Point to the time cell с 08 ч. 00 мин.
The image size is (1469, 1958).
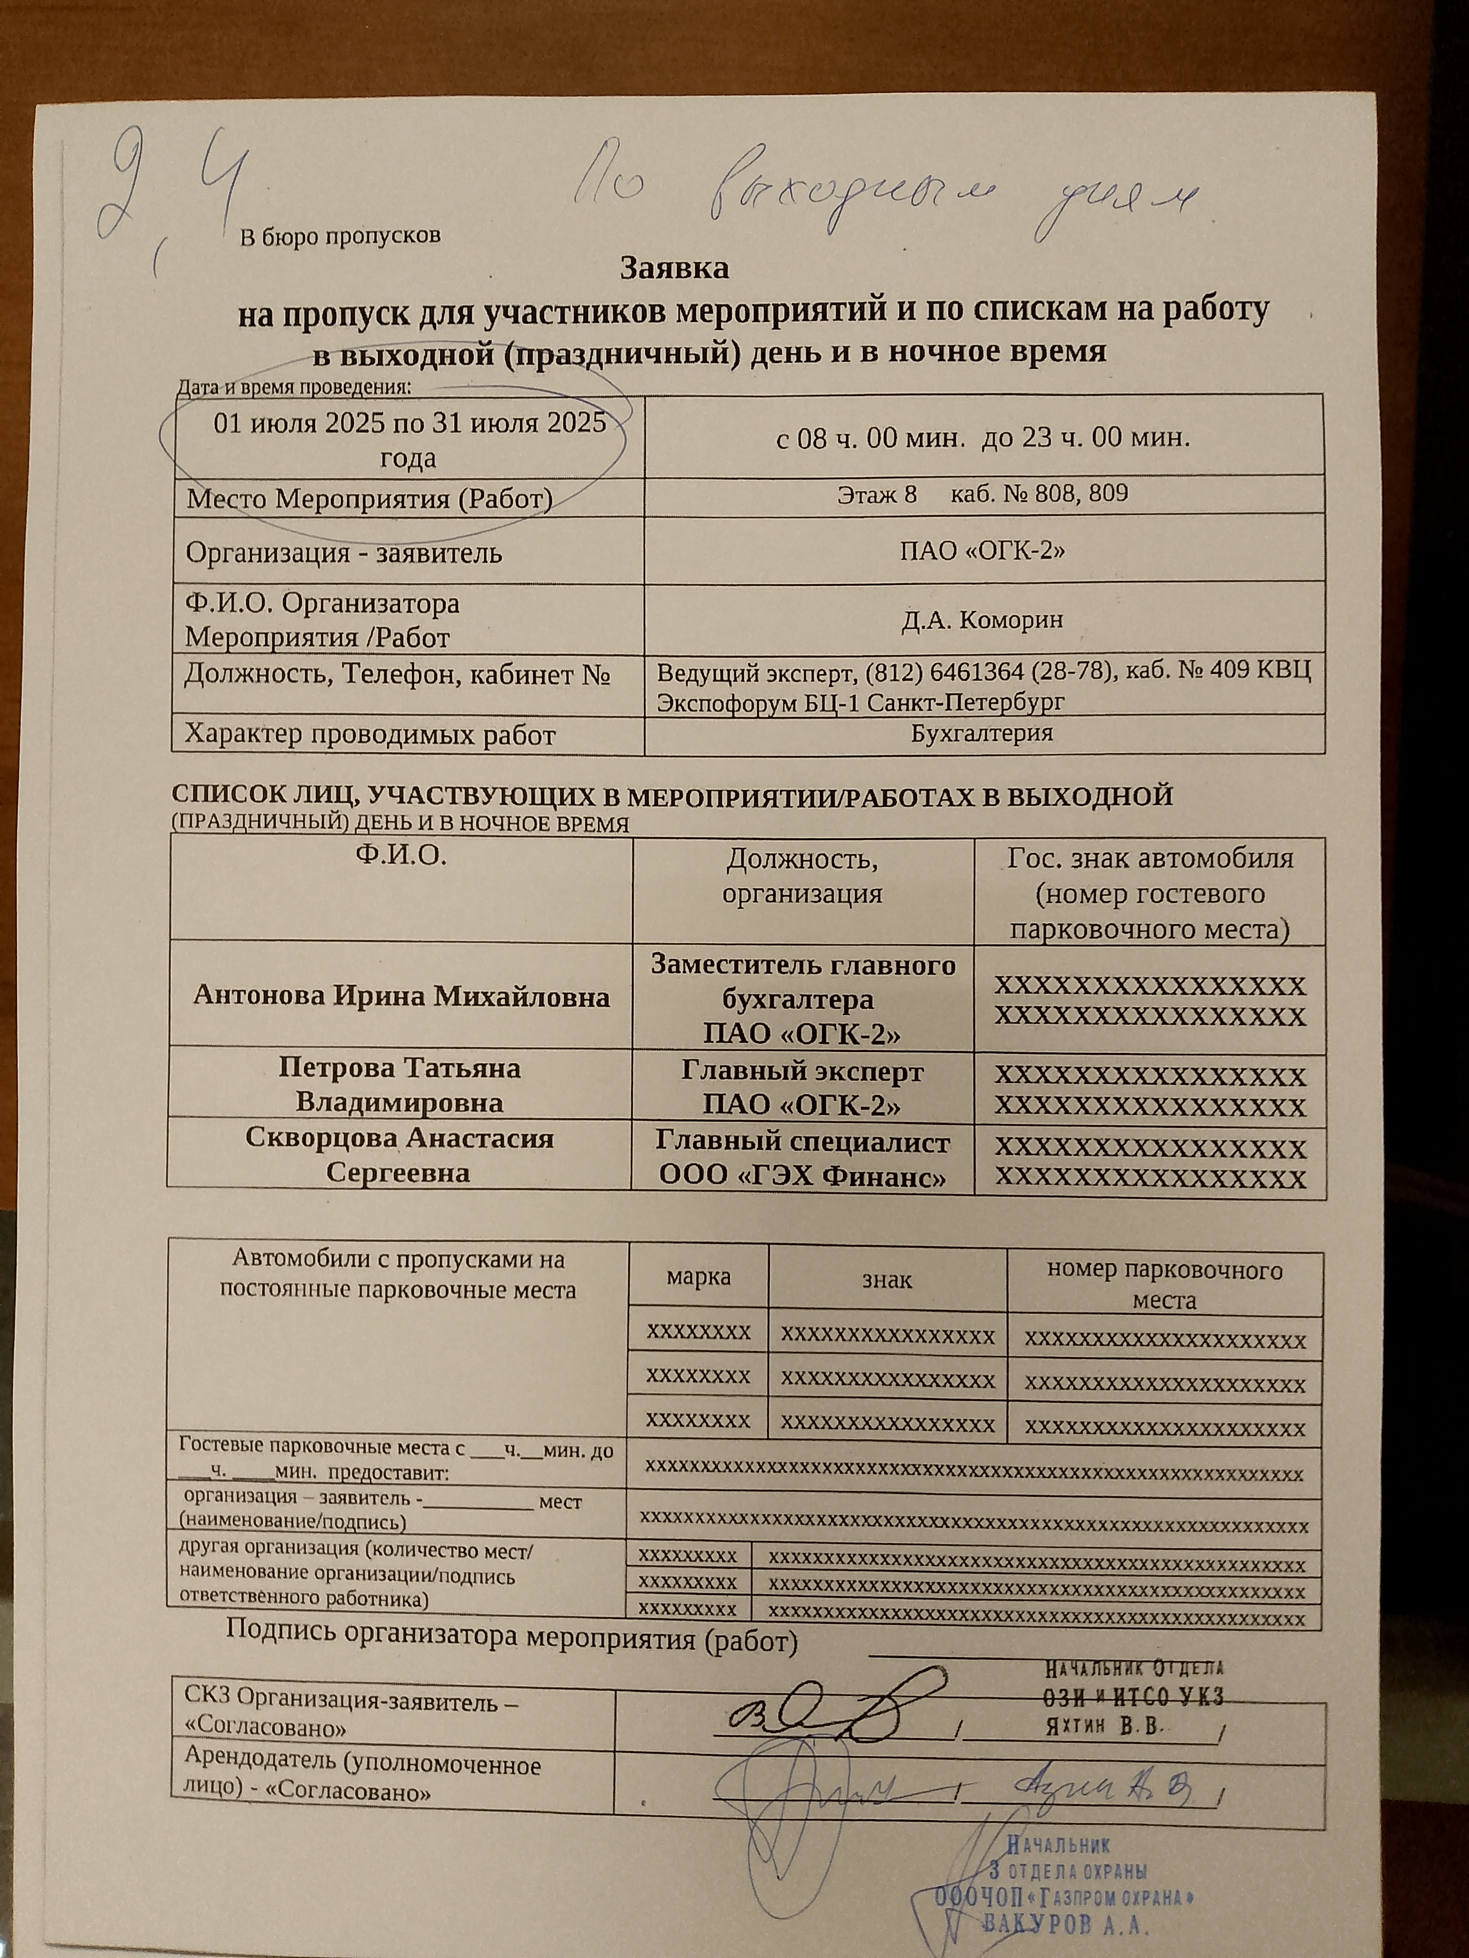[983, 438]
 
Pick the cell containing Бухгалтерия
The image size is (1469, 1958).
[983, 734]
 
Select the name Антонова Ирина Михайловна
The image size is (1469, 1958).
[401, 997]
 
